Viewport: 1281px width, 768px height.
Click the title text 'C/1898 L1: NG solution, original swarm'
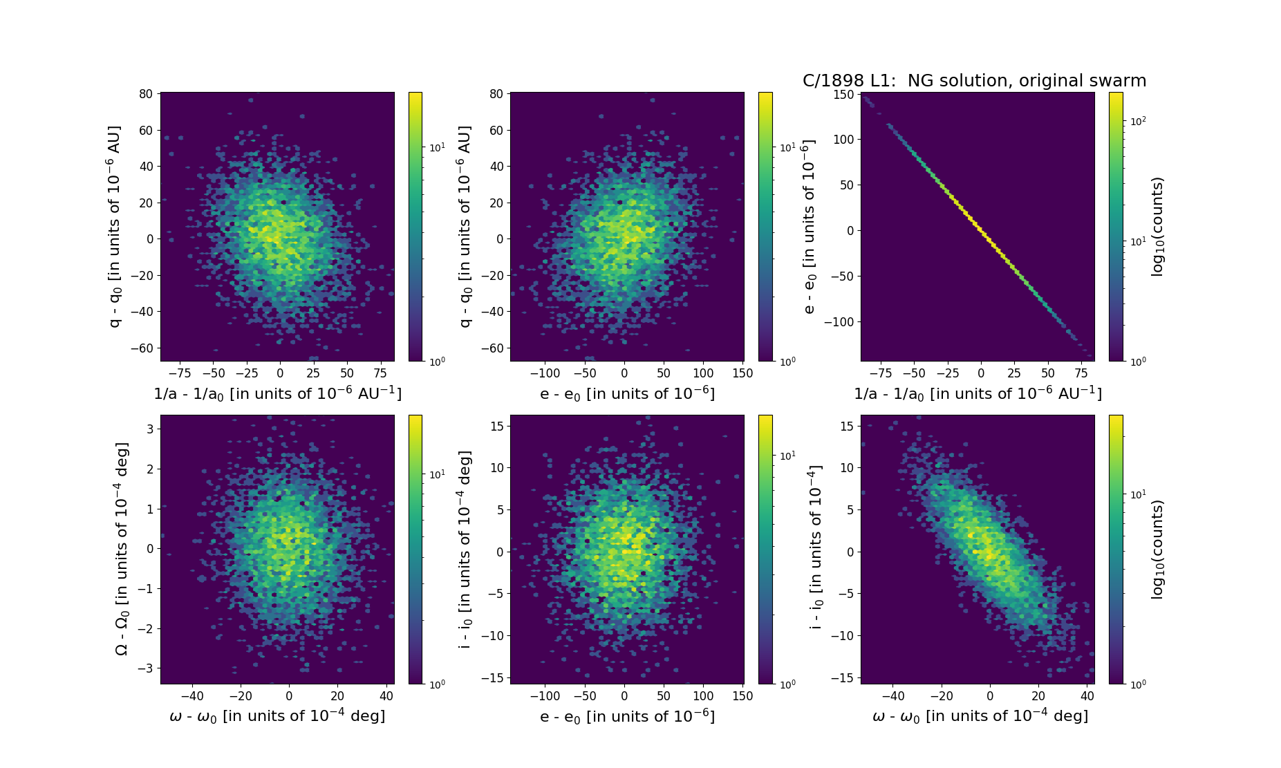click(x=973, y=81)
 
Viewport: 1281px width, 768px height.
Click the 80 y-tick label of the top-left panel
click(x=145, y=94)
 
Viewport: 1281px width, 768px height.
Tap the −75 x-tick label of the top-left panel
click(x=180, y=373)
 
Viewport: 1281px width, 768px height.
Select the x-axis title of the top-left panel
click(x=277, y=393)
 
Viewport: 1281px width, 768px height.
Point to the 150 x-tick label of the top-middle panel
click(x=742, y=373)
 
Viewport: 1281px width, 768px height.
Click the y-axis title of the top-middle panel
click(x=465, y=226)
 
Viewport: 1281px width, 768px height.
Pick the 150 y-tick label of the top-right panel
click(x=843, y=94)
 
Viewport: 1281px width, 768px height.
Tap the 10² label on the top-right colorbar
click(x=1138, y=121)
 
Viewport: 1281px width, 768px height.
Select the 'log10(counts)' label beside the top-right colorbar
click(x=1157, y=226)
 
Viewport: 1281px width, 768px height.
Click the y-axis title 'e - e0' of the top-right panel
click(x=810, y=226)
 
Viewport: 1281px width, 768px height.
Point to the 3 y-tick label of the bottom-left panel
click(x=149, y=429)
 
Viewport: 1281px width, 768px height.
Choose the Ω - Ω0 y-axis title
click(x=122, y=549)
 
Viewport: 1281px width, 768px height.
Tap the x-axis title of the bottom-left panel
click(x=277, y=716)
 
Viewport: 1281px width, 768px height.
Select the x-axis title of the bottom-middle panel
click(x=627, y=716)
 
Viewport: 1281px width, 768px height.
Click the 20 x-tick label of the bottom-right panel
click(x=1038, y=696)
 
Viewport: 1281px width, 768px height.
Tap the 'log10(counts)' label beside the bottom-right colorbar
click(x=1157, y=549)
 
